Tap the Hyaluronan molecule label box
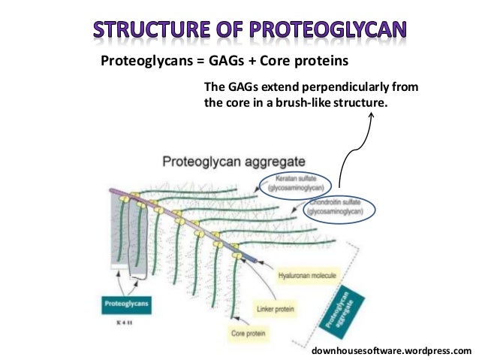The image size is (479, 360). pos(307,276)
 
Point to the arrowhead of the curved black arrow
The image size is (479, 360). pos(370,116)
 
